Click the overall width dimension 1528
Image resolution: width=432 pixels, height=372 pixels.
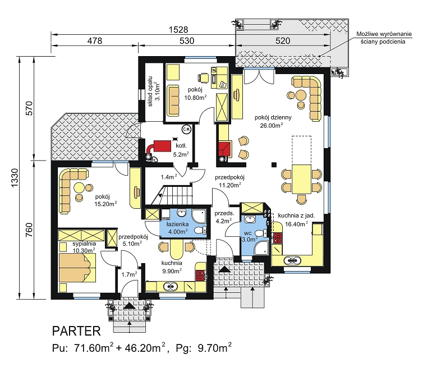click(x=178, y=30)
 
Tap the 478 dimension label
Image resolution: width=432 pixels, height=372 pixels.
click(x=94, y=41)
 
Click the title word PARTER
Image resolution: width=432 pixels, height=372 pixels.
click(x=76, y=331)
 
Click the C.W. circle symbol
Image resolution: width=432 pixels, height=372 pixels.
click(x=186, y=129)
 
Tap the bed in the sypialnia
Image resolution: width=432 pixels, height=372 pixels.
click(x=77, y=268)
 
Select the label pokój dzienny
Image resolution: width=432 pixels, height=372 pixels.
click(x=273, y=117)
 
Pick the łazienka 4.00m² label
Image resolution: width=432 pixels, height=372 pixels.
click(x=177, y=228)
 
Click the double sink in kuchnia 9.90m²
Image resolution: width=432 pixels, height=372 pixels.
click(x=171, y=287)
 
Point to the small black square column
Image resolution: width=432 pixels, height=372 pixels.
click(x=274, y=165)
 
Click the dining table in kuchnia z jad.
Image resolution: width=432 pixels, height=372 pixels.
click(x=302, y=179)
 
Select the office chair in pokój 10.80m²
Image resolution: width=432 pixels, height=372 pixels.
click(x=203, y=77)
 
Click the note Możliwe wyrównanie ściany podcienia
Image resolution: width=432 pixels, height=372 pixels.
click(x=384, y=38)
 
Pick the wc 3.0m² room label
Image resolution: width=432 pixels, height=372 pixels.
click(x=249, y=237)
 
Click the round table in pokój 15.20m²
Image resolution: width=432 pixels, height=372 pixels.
click(x=80, y=187)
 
